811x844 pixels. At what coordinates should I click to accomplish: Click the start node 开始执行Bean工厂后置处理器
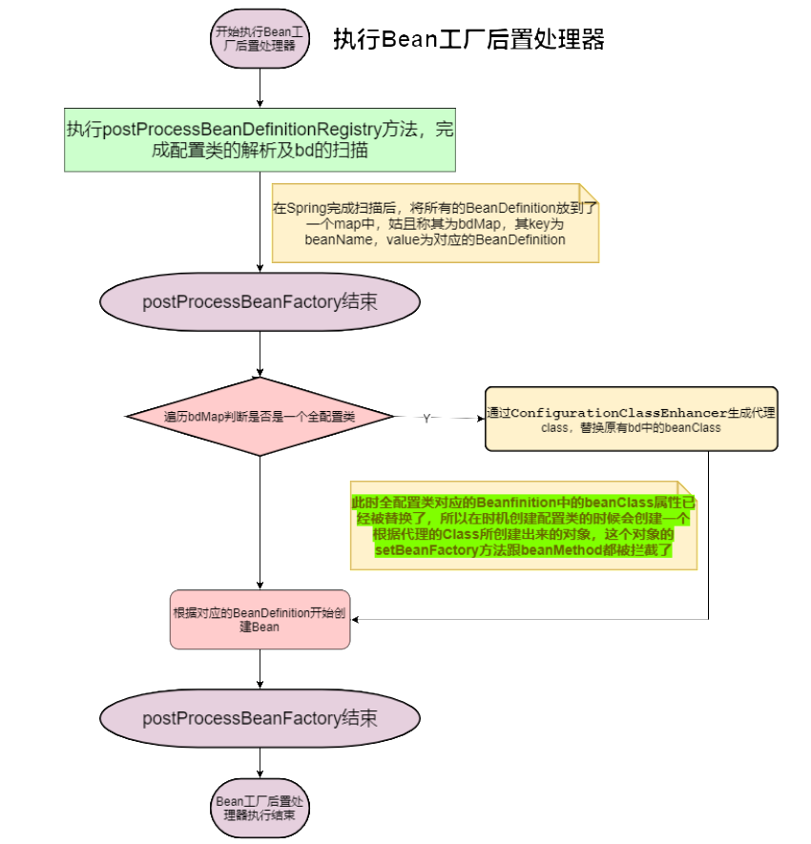(260, 38)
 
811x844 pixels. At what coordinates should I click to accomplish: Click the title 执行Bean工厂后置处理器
(468, 39)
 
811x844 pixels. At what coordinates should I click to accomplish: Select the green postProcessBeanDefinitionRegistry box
(260, 139)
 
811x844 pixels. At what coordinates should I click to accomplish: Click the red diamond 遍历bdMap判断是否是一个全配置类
(260, 417)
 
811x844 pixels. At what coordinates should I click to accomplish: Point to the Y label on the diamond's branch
(426, 419)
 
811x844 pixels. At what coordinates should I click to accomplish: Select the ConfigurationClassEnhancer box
(631, 419)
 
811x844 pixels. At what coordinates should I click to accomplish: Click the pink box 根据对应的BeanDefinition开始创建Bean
(260, 619)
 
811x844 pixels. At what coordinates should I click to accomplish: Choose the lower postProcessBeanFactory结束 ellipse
(260, 717)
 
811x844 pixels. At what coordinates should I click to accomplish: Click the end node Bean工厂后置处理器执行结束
(260, 808)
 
